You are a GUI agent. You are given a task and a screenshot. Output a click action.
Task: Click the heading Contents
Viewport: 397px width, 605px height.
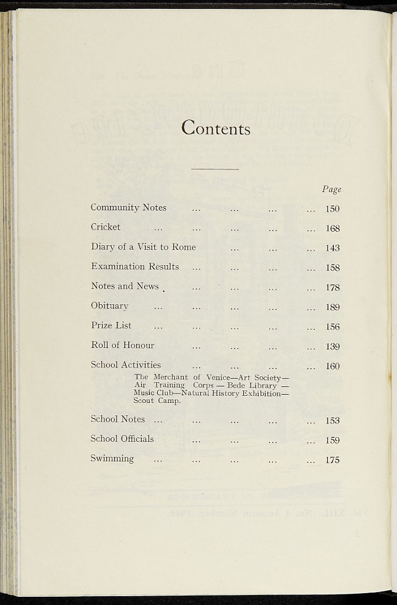(x=216, y=128)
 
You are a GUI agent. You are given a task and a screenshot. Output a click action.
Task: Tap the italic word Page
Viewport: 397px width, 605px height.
(x=331, y=190)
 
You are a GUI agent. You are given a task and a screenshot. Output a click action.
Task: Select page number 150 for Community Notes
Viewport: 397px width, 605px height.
(x=333, y=209)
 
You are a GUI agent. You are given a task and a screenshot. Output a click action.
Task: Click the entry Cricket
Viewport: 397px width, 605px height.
(x=105, y=227)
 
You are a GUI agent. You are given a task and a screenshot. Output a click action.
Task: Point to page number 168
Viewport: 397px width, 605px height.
(x=333, y=229)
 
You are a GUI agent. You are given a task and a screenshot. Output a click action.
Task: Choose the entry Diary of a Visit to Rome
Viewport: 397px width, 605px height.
(x=143, y=247)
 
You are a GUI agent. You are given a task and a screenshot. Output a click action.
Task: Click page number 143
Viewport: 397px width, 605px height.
(x=333, y=248)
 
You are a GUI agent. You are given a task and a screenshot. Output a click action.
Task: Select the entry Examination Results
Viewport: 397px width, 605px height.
(x=135, y=266)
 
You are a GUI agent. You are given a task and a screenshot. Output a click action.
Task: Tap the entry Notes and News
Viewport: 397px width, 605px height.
(x=125, y=286)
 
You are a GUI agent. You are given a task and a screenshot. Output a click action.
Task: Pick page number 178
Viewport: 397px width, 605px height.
(x=333, y=288)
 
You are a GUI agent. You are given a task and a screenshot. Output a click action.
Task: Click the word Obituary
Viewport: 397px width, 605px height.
(x=109, y=306)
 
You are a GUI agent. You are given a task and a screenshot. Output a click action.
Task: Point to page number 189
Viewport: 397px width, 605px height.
(x=333, y=307)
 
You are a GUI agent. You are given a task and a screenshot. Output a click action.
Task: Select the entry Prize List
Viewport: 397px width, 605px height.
(x=111, y=326)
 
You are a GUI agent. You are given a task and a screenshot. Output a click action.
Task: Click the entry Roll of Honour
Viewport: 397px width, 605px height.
(x=122, y=345)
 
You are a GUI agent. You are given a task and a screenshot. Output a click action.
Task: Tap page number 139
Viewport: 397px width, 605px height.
(x=333, y=347)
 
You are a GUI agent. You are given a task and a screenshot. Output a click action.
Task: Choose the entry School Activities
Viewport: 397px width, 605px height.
(x=125, y=365)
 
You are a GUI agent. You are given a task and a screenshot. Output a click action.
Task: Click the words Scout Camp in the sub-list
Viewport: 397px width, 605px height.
(x=157, y=401)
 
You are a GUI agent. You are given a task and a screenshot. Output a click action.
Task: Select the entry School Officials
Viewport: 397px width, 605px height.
(x=122, y=438)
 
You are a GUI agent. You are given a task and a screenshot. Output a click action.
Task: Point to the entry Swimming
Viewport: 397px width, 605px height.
(x=112, y=458)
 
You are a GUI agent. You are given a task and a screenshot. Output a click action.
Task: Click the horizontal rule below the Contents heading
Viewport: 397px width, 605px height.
(x=215, y=170)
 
